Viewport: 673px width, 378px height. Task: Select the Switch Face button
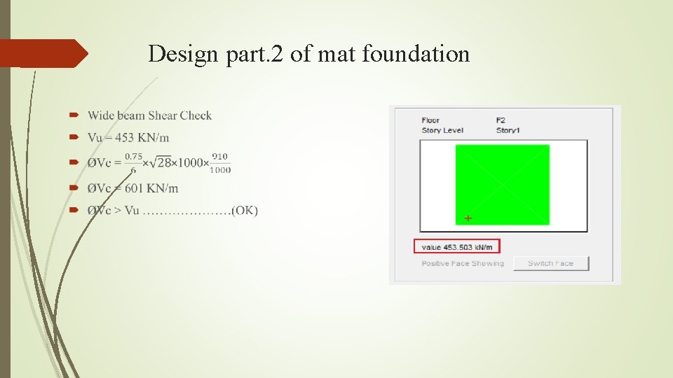tap(550, 263)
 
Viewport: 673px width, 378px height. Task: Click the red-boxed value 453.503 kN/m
tap(456, 246)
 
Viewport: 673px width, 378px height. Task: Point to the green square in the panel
tap(502, 184)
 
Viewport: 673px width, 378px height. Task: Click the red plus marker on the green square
tap(468, 218)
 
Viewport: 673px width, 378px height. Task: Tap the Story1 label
tap(508, 130)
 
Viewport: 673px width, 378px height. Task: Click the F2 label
tap(501, 120)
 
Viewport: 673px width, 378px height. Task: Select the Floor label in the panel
tap(430, 120)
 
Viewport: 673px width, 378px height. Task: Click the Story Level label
tap(442, 130)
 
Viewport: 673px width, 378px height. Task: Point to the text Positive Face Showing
tap(462, 263)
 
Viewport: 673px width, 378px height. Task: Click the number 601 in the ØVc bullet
tap(135, 188)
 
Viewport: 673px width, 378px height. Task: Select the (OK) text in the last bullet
tap(245, 211)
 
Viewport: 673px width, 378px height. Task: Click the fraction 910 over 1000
tap(220, 162)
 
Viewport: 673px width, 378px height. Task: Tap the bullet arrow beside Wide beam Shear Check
tap(74, 115)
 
